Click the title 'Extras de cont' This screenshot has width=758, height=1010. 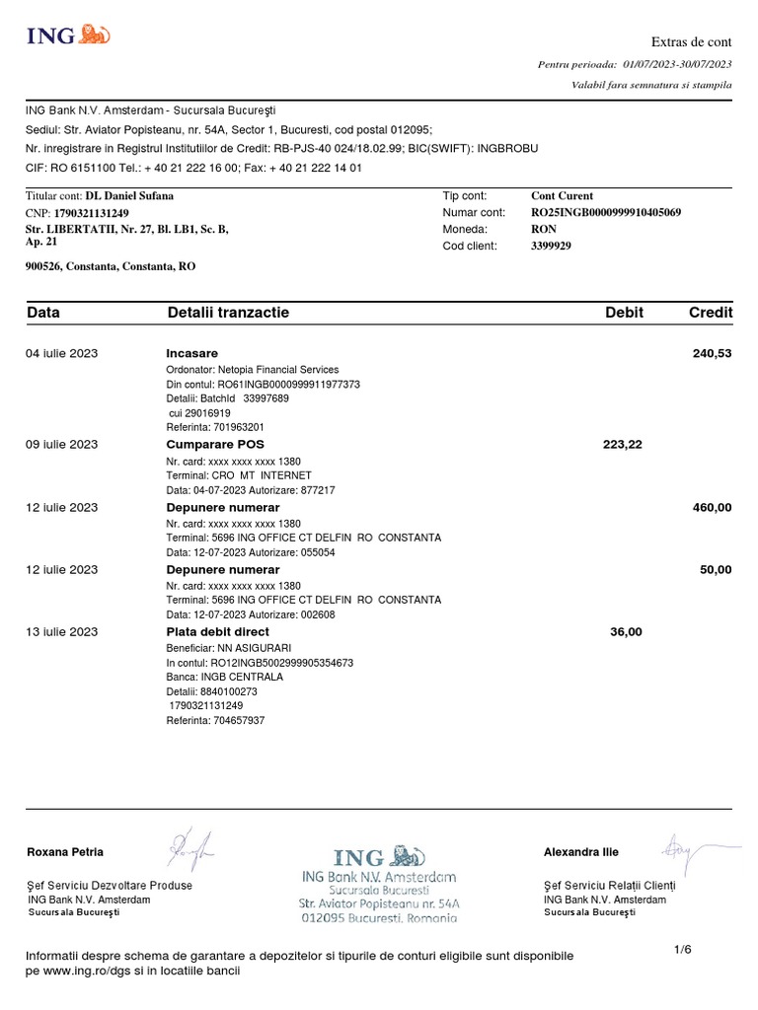[691, 41]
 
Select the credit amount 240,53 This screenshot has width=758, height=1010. [712, 352]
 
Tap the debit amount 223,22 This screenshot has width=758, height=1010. [622, 445]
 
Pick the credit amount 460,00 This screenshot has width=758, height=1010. [712, 507]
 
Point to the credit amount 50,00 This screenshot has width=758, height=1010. [716, 569]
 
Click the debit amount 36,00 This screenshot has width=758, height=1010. [626, 631]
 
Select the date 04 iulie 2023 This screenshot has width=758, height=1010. [62, 352]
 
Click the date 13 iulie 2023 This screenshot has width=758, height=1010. [62, 631]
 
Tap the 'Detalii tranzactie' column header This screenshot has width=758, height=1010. [228, 313]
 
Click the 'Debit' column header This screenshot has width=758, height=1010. [624, 313]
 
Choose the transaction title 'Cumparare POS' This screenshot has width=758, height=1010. [214, 445]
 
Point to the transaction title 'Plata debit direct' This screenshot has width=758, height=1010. [217, 631]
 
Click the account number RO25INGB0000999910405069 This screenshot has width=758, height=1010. [606, 212]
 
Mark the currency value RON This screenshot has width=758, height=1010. [544, 228]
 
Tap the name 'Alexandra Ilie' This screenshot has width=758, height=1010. [581, 851]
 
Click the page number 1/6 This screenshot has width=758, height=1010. [683, 950]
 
